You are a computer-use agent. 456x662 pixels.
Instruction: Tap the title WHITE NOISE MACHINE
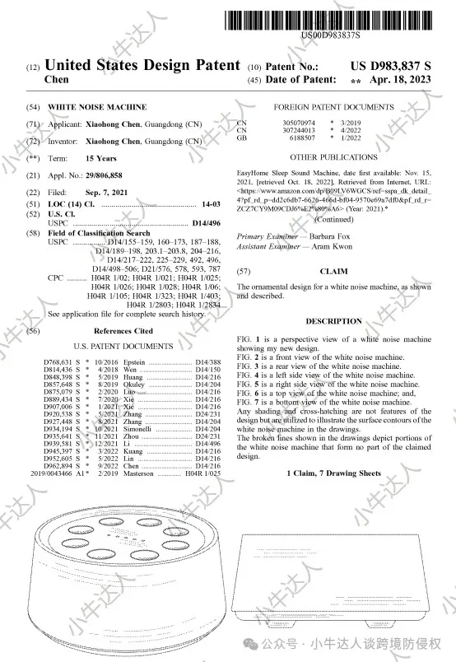[97, 107]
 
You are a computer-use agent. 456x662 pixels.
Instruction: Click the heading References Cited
[123, 330]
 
